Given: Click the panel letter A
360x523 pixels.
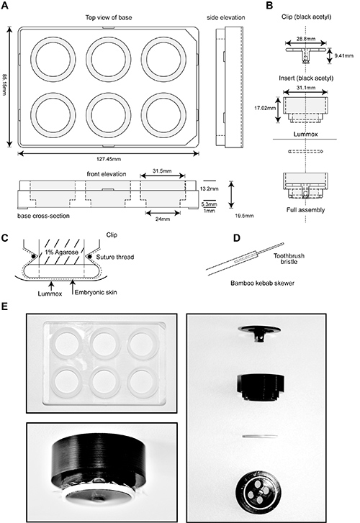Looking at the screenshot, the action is point(4,6).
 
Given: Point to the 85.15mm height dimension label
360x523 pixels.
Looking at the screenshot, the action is point(4,86).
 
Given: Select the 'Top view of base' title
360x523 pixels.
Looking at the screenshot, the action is point(109,17).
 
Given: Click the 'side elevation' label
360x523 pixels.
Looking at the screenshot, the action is point(226,17).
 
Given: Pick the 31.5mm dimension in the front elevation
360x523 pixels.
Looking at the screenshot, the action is point(162,171).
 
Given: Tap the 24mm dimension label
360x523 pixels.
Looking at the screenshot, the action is point(163,219).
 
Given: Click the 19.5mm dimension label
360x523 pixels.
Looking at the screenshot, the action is point(244,216).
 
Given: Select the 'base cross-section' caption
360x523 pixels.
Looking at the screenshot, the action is point(43,216).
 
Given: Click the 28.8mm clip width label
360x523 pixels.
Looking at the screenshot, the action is point(306,39).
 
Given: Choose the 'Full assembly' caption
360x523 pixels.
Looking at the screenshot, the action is point(305,210).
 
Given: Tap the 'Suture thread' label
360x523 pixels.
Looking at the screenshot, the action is point(115,257).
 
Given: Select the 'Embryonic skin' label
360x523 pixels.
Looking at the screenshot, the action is point(96,293).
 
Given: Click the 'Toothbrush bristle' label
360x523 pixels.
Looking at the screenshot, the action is point(289,259).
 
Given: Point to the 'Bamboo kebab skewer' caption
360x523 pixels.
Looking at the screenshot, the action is point(263,283).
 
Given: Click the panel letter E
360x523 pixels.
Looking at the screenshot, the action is point(4,306).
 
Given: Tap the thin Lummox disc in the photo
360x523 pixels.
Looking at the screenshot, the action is point(260,436).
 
